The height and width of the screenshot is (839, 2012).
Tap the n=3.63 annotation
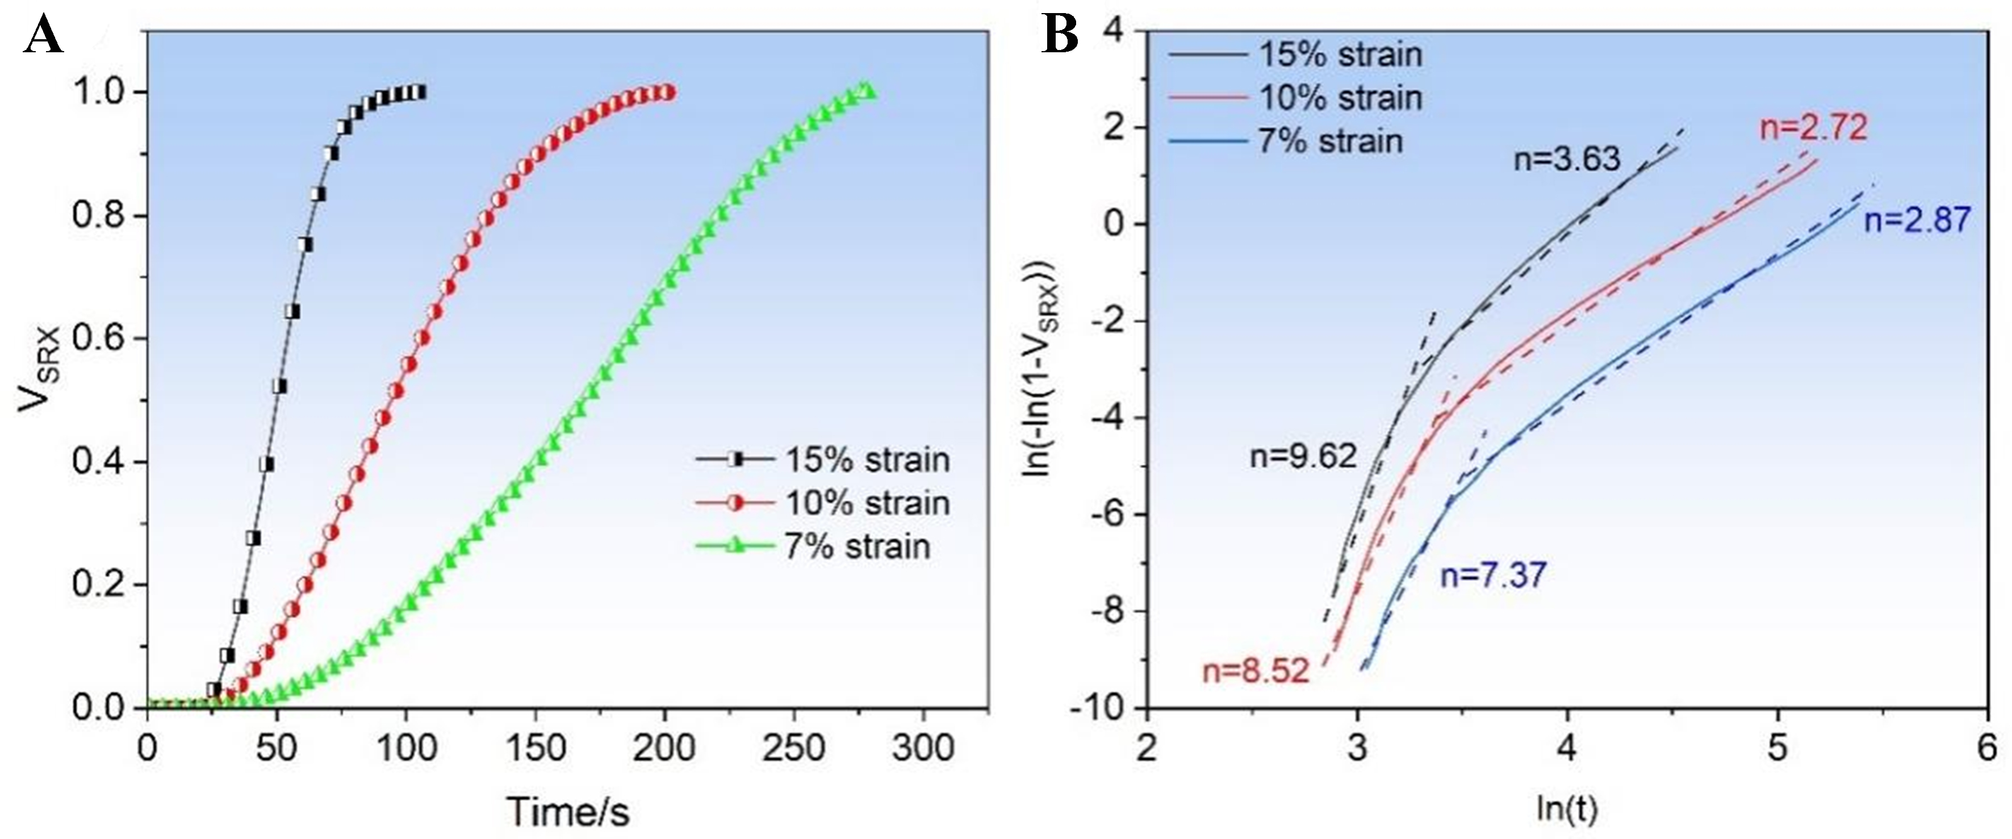coord(1567,160)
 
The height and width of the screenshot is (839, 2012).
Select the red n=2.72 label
coord(1813,127)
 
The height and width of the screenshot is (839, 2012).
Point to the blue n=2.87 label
coord(1917,220)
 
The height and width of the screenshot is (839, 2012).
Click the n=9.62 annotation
coord(1303,456)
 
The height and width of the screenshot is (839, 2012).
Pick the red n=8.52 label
coord(1254,671)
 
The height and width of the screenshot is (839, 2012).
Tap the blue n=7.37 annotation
coord(1492,576)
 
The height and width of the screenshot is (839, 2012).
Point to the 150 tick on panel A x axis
coord(535,748)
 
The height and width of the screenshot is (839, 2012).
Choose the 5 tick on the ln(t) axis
coord(1777,748)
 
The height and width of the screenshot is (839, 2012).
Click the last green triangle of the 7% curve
coord(868,91)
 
